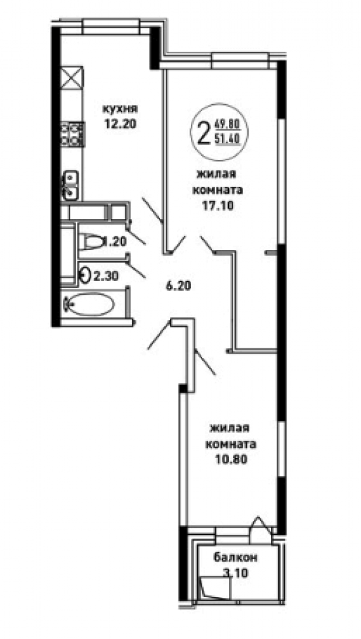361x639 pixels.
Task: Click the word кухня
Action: [120, 109]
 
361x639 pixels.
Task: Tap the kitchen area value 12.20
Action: [120, 123]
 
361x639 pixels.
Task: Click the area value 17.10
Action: [218, 206]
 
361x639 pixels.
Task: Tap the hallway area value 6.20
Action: [178, 286]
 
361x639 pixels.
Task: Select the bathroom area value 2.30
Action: [106, 276]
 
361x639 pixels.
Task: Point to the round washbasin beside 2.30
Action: [84, 275]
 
